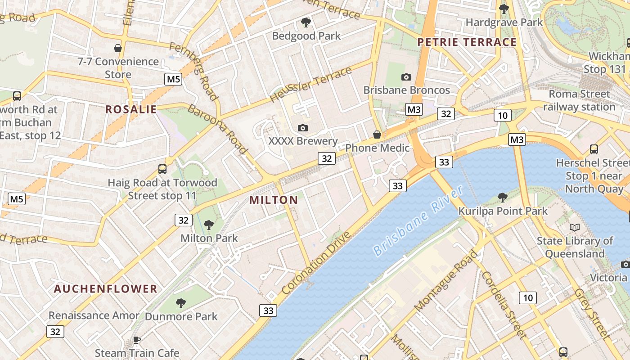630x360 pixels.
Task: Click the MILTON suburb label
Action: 274,200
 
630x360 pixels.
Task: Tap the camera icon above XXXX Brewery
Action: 303,128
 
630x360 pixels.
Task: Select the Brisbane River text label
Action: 418,220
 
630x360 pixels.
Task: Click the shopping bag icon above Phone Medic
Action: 377,135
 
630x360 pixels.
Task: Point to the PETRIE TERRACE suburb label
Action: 467,42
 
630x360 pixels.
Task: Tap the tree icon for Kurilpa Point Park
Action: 503,197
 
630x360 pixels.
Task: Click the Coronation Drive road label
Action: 316,262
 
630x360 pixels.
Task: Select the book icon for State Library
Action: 574,227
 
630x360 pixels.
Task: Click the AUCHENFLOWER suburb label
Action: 106,289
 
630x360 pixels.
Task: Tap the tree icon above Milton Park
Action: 208,225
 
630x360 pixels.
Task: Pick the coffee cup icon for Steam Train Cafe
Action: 137,340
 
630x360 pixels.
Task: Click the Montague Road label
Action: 445,281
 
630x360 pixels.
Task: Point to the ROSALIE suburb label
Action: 131,109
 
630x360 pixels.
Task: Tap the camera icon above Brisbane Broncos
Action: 406,77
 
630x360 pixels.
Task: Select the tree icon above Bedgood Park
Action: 306,22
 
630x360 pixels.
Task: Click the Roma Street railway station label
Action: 579,100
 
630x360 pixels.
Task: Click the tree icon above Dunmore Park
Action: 181,303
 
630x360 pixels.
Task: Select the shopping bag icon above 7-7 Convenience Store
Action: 118,48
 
